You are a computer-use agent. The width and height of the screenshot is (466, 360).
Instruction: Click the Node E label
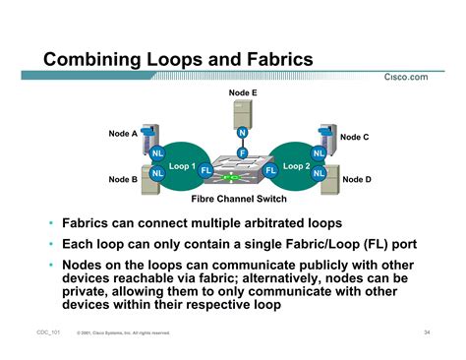(x=242, y=91)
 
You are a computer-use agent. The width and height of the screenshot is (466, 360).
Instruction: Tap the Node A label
(x=123, y=134)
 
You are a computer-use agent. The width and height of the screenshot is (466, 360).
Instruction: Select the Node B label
(x=123, y=180)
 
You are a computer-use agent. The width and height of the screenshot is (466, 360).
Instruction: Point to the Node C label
(x=355, y=137)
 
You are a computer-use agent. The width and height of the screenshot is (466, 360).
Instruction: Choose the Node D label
(x=356, y=180)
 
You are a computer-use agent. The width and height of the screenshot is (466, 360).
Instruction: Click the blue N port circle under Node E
(x=242, y=133)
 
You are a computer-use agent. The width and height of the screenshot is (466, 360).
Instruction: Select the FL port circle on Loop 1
(x=206, y=170)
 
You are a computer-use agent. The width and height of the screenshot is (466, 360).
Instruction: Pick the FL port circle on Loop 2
(x=270, y=170)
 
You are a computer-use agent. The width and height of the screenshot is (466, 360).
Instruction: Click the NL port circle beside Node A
(x=157, y=153)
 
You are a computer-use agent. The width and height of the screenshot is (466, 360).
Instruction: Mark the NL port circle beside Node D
(x=319, y=174)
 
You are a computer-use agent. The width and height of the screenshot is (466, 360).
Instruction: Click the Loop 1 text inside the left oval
(x=181, y=166)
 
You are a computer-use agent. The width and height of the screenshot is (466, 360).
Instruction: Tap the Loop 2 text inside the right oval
(x=296, y=166)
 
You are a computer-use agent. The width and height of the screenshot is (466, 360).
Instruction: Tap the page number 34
(x=428, y=332)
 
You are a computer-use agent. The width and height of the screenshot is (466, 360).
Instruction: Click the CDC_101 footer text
(x=42, y=333)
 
